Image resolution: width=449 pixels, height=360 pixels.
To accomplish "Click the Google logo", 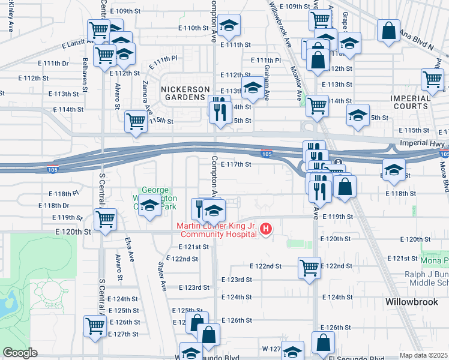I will click(20, 353).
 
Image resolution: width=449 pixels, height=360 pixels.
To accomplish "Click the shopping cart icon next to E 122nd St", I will click(309, 267).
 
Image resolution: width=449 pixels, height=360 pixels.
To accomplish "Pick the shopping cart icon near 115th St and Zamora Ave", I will click(136, 121).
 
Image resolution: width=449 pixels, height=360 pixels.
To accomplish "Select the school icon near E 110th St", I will click(229, 25).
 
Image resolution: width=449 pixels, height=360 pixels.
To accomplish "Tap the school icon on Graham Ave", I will click(253, 88).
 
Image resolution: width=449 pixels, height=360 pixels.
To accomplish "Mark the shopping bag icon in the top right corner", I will click(389, 30).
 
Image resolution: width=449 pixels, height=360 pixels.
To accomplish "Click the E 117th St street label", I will click(235, 164).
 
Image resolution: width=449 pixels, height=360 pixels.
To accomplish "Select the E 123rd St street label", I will click(236, 280).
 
